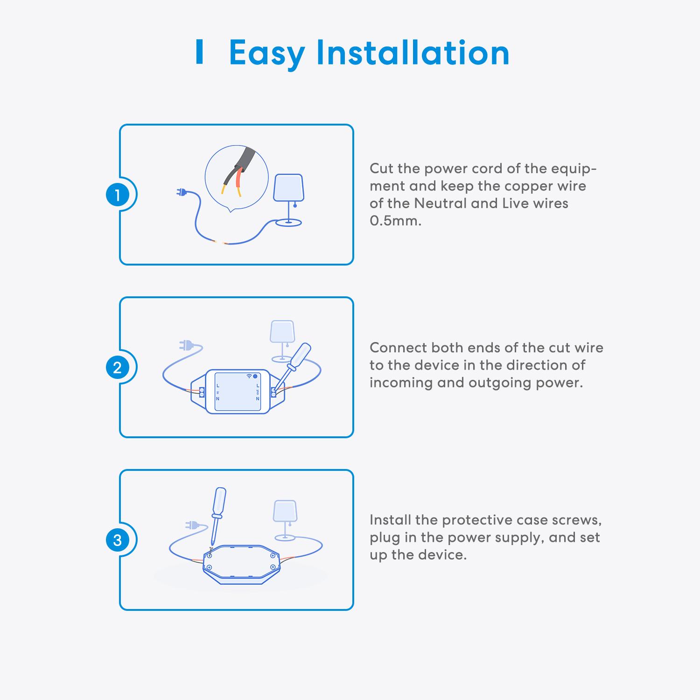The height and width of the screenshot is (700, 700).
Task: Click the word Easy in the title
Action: (x=266, y=54)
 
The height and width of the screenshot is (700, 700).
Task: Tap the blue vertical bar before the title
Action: (x=200, y=52)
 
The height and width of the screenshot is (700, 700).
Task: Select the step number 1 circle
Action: (x=118, y=195)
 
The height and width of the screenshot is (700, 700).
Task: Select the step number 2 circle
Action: (x=118, y=368)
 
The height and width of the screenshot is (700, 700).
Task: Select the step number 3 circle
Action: (x=118, y=540)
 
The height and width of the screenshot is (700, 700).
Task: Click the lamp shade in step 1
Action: (x=288, y=189)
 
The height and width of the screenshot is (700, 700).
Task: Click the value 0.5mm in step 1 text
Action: (x=395, y=221)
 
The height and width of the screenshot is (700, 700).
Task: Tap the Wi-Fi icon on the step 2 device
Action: (x=249, y=376)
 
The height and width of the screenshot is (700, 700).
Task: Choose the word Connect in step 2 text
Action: (x=398, y=348)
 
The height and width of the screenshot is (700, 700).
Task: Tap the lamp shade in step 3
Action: (x=285, y=511)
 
